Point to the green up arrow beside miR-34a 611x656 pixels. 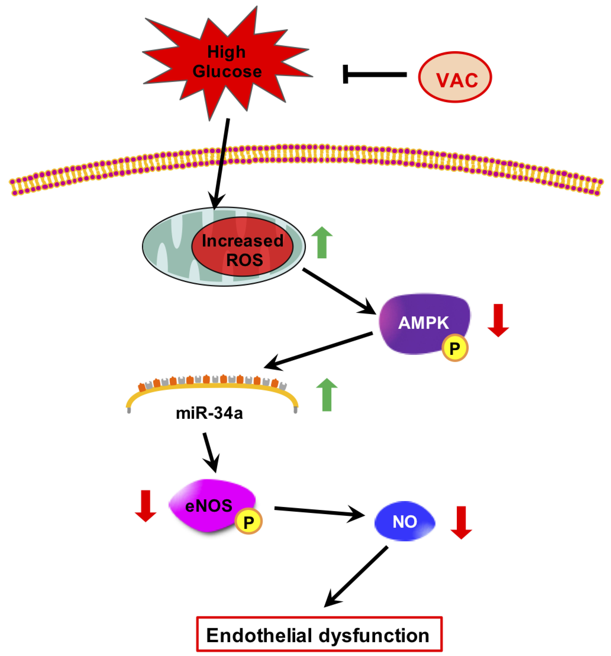tap(327, 394)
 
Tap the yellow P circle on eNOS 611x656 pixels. tap(248, 522)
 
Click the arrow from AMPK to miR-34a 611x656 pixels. tap(318, 350)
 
